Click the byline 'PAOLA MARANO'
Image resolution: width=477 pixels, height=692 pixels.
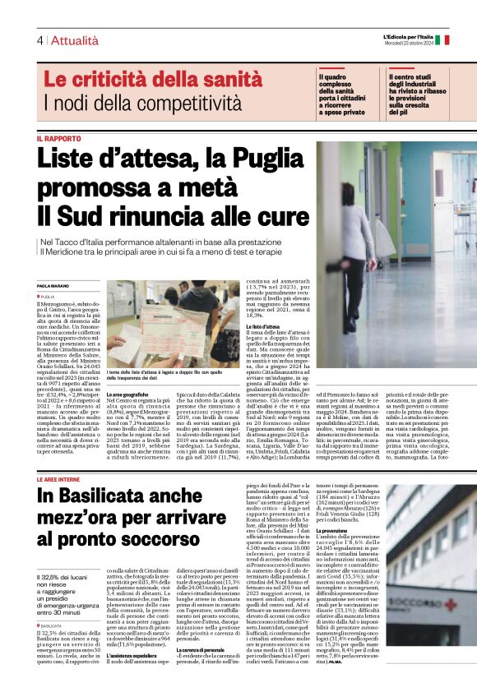coord(54,284)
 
